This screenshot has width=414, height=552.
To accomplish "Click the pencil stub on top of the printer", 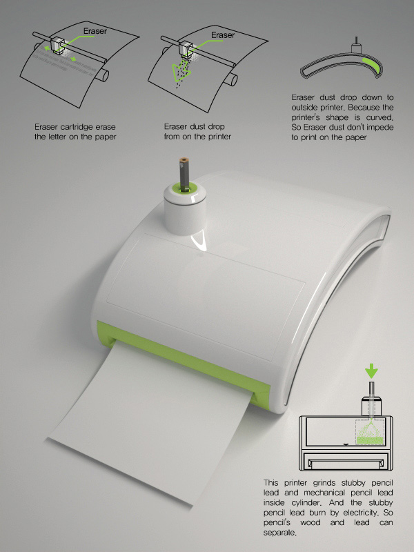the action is point(184,172).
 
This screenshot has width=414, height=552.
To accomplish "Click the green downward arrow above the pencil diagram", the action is point(371,371).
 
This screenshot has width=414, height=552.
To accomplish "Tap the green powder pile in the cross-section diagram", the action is point(370,440).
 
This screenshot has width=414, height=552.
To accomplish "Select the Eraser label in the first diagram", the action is point(95,31).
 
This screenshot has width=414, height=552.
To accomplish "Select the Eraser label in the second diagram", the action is point(223,35).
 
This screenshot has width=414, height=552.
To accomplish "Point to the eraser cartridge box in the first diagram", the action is point(57,46).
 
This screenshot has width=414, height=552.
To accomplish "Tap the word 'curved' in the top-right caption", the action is point(380,117).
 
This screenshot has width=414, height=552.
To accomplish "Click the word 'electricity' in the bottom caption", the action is point(361,513).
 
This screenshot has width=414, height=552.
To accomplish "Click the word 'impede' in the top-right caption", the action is point(381,127).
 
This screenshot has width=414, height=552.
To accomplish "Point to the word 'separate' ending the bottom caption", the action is point(280,533).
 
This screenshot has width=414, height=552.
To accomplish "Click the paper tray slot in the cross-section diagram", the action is point(346,463).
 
